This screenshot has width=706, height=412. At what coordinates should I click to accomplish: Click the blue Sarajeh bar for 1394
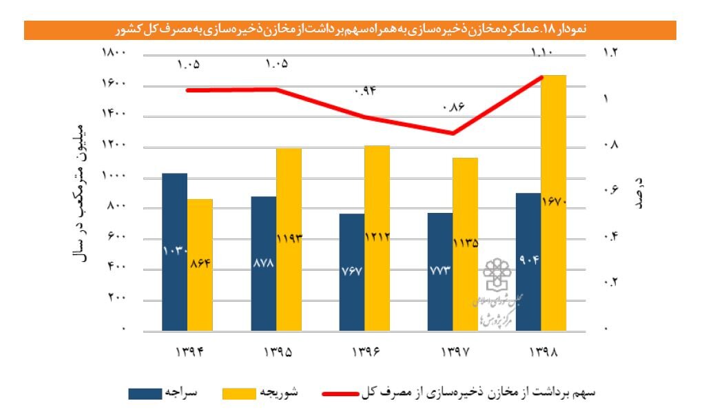tap(174, 251)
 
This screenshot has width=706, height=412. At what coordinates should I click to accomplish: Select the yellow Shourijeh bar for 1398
tap(553, 203)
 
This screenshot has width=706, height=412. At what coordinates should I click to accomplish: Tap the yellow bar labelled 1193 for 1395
tap(289, 239)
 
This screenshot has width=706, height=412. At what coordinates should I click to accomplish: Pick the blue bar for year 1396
tap(352, 272)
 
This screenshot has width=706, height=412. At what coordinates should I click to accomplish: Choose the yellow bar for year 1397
tap(466, 244)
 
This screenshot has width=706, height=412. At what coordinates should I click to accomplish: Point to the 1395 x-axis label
tap(277, 352)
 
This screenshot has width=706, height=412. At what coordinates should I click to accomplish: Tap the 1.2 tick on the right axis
tap(611, 54)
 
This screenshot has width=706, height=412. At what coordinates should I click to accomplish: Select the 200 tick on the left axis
tap(117, 299)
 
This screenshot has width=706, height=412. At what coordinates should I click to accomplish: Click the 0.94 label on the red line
tap(365, 90)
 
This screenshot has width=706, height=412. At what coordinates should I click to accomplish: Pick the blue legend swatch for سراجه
tap(145, 393)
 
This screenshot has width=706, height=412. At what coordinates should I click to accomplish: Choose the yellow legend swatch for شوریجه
tap(238, 393)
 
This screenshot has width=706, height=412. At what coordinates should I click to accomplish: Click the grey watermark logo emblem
tap(497, 275)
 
